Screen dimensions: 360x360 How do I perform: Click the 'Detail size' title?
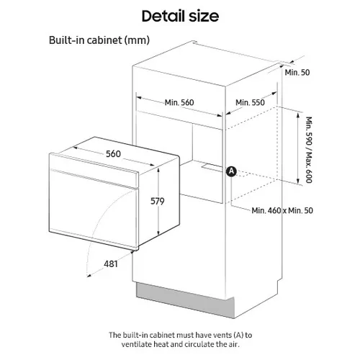(180, 16)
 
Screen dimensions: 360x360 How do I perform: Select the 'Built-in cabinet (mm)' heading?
(99, 40)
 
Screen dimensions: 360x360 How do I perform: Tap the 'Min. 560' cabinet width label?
(179, 102)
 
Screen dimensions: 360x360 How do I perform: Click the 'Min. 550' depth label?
(250, 102)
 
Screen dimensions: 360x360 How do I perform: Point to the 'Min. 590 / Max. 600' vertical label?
(309, 150)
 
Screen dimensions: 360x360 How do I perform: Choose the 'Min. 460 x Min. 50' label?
(282, 210)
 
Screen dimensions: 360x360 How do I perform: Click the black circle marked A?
(231, 171)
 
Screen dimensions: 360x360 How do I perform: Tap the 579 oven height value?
(158, 201)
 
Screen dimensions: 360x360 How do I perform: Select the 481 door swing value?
(111, 264)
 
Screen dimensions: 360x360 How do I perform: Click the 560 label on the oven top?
(113, 154)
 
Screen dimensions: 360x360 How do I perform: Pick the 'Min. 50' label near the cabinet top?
(297, 72)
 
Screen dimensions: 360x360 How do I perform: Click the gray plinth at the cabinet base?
(185, 300)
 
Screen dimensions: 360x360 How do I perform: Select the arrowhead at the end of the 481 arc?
(89, 275)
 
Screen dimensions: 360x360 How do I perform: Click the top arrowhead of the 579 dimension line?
(158, 170)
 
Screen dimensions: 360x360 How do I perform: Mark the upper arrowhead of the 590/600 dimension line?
(298, 114)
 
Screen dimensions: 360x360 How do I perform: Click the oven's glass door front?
(94, 209)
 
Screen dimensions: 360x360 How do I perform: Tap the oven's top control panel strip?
(94, 169)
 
